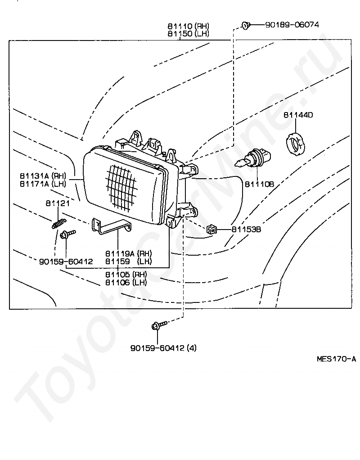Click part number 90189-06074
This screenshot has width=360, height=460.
tap(292, 25)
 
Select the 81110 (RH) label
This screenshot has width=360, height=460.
tap(189, 26)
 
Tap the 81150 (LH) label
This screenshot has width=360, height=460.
tap(189, 34)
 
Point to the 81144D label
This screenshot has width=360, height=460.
tap(298, 115)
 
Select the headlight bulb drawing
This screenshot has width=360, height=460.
tap(254, 160)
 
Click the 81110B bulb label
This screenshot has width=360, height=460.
tap(259, 184)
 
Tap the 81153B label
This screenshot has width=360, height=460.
tap(246, 230)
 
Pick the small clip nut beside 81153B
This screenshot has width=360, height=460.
tap(211, 229)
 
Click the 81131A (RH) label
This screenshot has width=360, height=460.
tap(43, 176)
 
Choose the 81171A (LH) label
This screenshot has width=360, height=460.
tap(43, 184)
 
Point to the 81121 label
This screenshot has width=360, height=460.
tap(58, 203)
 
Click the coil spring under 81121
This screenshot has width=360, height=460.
tap(59, 224)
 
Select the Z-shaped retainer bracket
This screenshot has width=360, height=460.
tap(112, 226)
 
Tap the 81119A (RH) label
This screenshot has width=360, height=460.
tap(129, 253)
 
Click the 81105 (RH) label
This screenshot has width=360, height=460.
tap(126, 275)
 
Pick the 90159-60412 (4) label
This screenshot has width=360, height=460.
tap(163, 348)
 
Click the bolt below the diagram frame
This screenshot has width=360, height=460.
tap(159, 325)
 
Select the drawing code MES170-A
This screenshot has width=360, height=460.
tap(336, 359)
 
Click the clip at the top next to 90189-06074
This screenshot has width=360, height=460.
tap(246, 26)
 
